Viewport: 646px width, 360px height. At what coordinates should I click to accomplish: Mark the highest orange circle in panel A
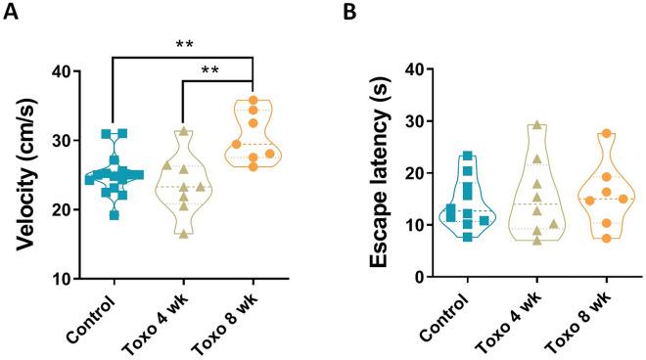pos(253,100)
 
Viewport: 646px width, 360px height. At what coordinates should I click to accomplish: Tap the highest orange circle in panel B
pos(607,134)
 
